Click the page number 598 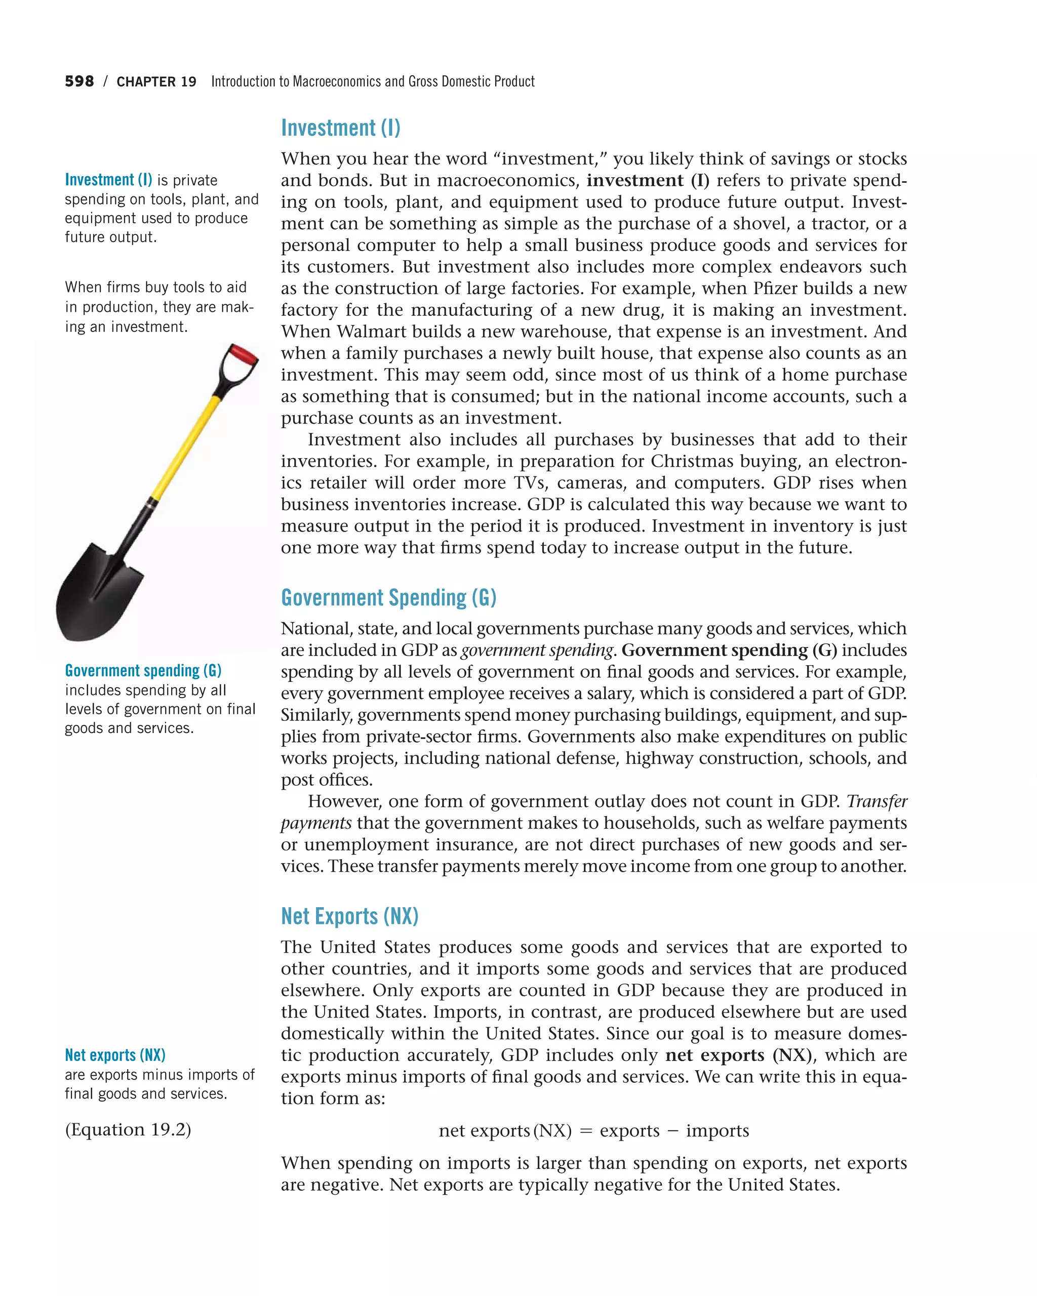point(79,82)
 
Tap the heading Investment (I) point(340,128)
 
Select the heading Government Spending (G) point(388,597)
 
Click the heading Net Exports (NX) point(349,916)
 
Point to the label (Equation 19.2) point(128,1129)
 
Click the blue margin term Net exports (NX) point(115,1055)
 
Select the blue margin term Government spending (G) point(143,670)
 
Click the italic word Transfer point(876,801)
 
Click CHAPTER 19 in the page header point(156,82)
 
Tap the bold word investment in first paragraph point(635,180)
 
